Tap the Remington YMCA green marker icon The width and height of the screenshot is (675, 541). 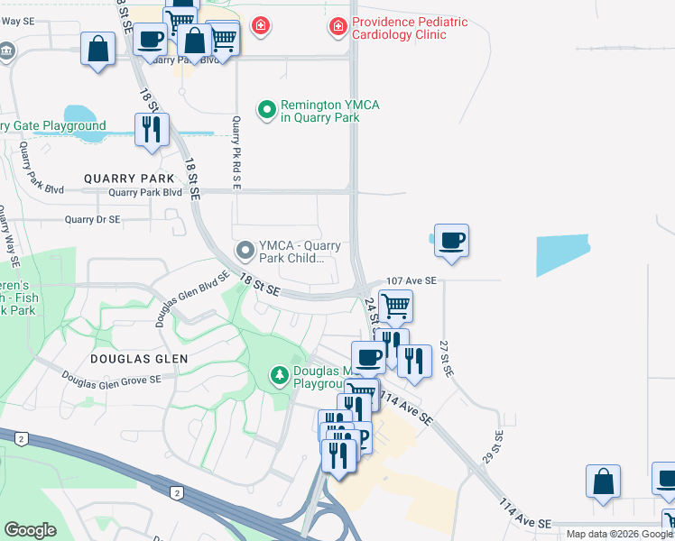click(x=266, y=111)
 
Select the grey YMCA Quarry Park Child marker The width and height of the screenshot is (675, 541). click(x=244, y=250)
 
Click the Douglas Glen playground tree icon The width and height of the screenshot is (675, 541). click(x=281, y=373)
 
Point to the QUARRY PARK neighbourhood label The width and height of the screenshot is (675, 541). click(x=128, y=179)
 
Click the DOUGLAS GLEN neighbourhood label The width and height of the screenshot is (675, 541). click(x=139, y=359)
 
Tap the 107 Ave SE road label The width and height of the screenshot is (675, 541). click(x=411, y=281)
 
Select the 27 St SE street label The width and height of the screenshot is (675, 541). click(x=444, y=358)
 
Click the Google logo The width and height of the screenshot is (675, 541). click(x=31, y=530)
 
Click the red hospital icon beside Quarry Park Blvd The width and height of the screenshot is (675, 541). click(x=260, y=27)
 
